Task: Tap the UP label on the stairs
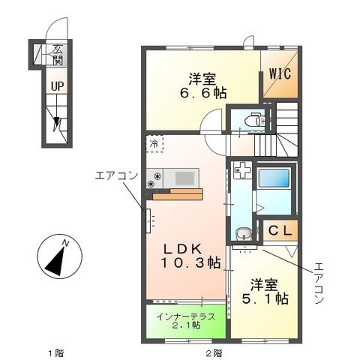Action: pyautogui.click(x=57, y=85)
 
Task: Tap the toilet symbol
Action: pyautogui.click(x=253, y=120)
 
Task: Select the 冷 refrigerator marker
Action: pyautogui.click(x=154, y=142)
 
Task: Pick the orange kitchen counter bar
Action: pyautogui.click(x=177, y=196)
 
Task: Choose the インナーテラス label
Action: pyautogui.click(x=186, y=316)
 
